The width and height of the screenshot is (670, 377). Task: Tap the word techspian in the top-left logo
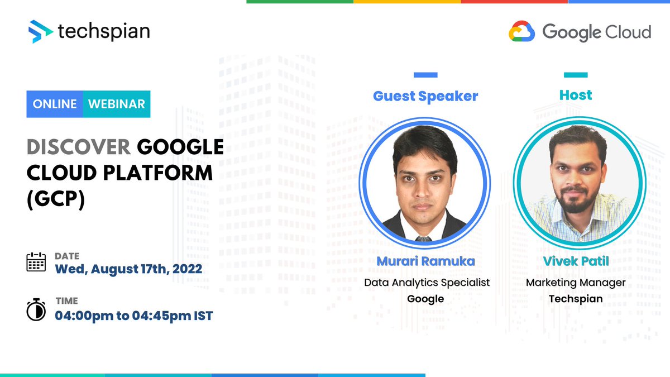coord(104,31)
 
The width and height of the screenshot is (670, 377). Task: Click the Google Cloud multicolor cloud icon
coord(521,32)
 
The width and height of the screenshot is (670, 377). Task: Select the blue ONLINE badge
coord(55,104)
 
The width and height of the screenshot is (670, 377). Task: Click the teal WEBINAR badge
coord(117,104)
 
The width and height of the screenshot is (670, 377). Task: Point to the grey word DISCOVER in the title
coord(78,147)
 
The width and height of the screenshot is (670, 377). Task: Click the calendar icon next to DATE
coord(36,261)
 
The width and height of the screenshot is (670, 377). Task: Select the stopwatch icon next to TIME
coord(36,309)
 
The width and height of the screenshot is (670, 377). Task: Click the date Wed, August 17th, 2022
coord(128,269)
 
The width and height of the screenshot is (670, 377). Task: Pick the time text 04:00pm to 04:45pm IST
coord(133,316)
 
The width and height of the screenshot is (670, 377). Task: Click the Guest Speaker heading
coord(425,96)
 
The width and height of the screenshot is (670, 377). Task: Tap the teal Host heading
coord(575,95)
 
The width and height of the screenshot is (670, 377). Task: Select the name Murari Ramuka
coord(426,261)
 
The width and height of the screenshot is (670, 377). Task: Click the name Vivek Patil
coord(576,261)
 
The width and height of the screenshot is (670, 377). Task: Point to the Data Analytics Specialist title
coord(427,283)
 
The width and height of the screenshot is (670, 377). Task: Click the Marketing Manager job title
coord(576,283)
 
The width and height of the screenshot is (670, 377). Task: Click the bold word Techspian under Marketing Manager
coord(576,299)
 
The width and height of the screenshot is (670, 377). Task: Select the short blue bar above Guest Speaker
coord(425,75)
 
